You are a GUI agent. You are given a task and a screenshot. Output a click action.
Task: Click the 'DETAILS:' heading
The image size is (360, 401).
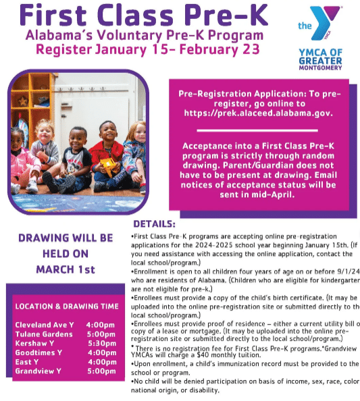154,223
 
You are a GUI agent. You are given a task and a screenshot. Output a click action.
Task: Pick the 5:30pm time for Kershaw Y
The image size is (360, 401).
101,343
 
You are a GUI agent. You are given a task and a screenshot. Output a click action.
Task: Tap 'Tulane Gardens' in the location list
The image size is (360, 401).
44,334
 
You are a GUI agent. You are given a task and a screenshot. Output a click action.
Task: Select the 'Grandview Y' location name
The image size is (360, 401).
38,371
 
